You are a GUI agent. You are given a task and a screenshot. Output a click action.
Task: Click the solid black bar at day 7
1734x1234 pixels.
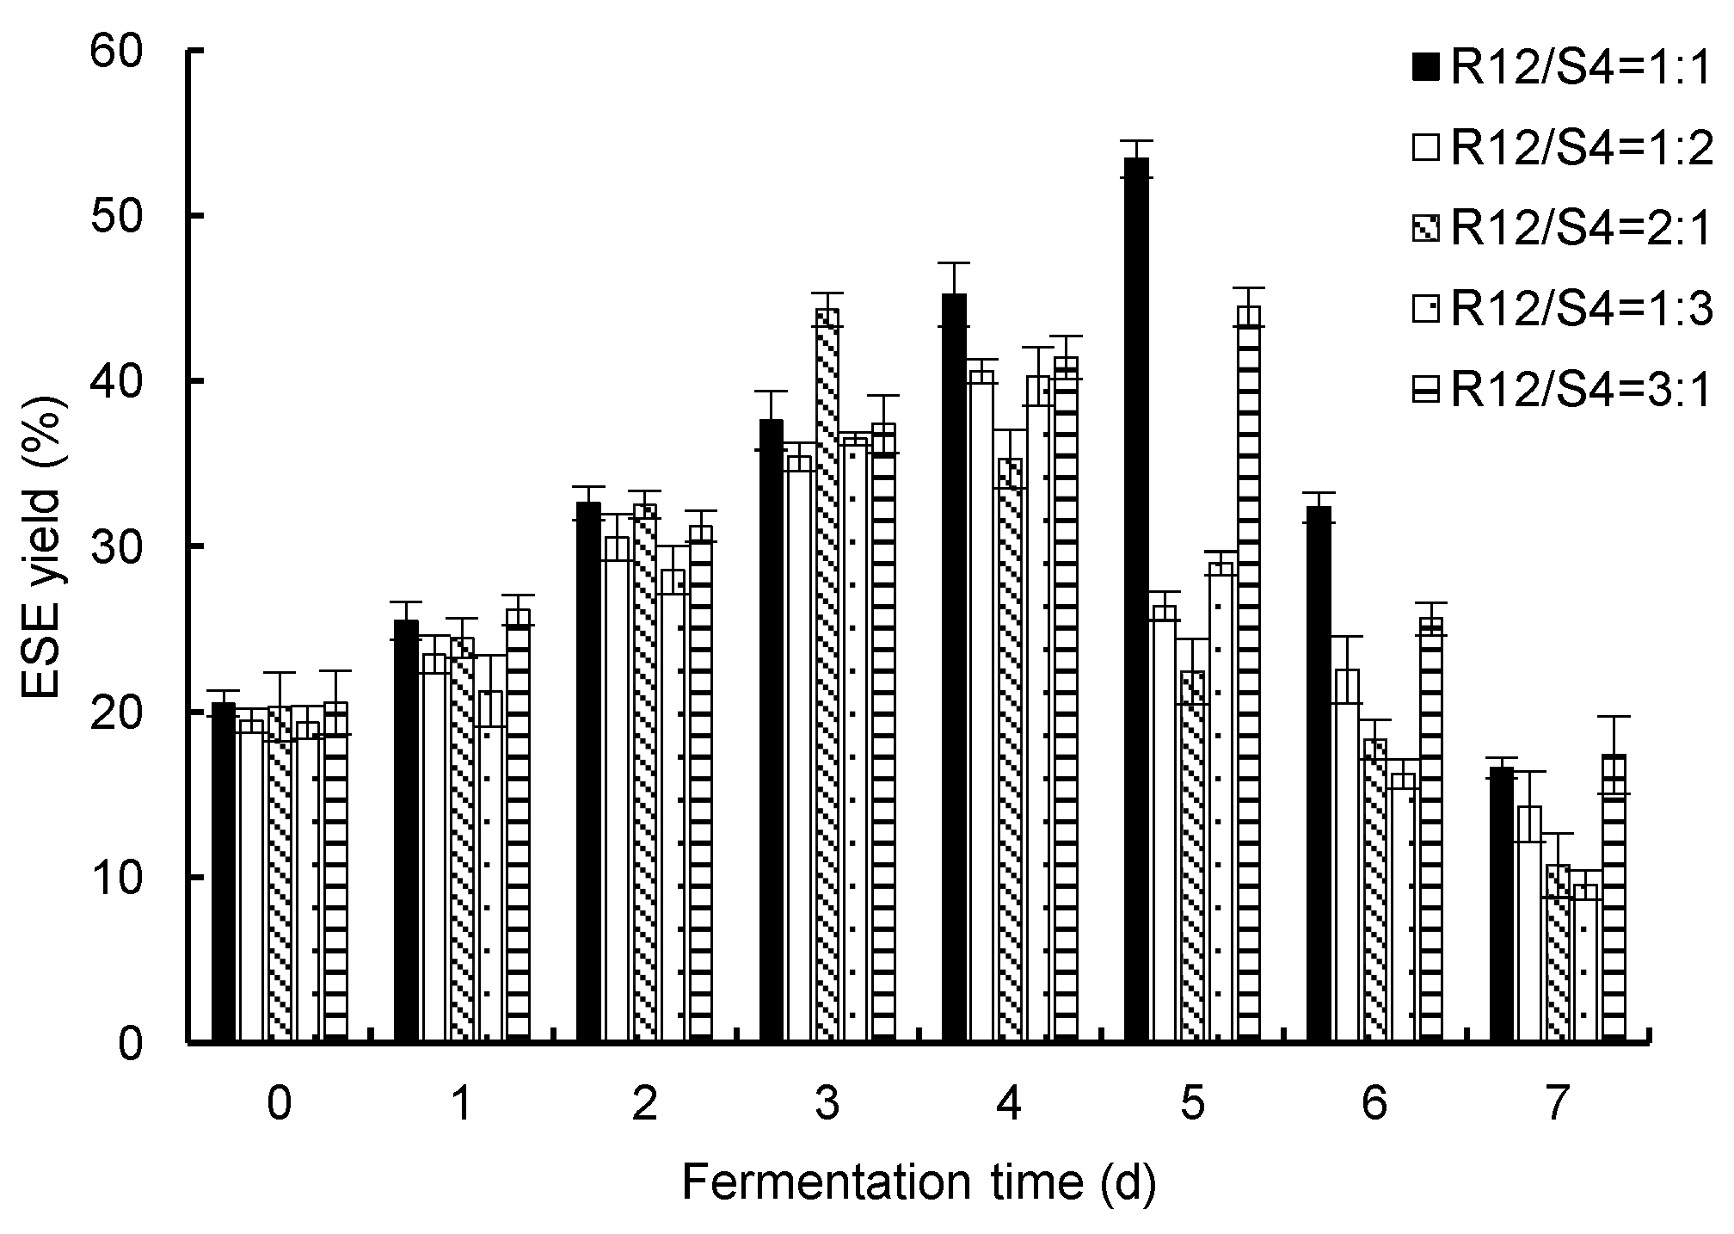click(1501, 904)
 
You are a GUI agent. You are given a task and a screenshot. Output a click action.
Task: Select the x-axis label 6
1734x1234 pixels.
click(1374, 1104)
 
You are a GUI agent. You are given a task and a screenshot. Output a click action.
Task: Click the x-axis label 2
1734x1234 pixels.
click(644, 1104)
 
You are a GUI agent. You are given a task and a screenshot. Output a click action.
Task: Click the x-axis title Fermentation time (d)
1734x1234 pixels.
click(919, 1183)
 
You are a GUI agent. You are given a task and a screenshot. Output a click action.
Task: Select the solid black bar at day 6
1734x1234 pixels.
click(1319, 774)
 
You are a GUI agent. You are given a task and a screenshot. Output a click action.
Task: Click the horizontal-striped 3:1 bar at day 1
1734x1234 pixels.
click(518, 826)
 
